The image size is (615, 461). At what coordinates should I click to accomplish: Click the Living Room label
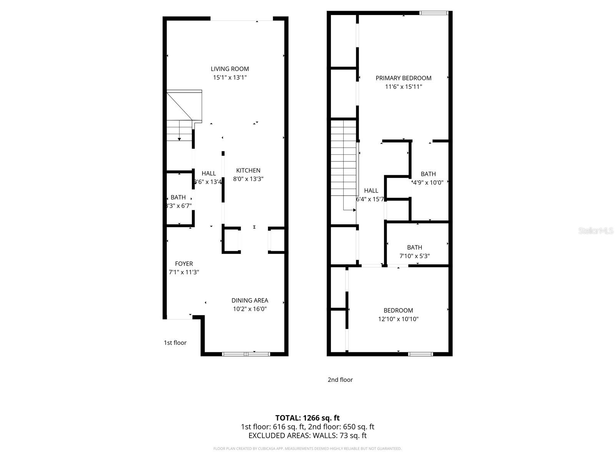coord(229,69)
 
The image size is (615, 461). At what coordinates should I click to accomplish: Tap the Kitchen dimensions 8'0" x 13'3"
coord(248,179)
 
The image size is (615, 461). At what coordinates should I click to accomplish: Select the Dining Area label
coord(249,300)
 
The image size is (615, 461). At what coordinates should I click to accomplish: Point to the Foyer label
coord(184,264)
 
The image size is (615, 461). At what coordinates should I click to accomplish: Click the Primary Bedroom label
coord(403,78)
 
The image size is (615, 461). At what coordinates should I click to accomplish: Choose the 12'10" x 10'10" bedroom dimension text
coord(398,319)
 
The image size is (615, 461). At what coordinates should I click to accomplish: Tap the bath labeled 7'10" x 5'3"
coord(414,248)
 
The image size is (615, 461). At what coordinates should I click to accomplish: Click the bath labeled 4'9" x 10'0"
coord(428,174)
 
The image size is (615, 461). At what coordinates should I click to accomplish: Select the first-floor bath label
coord(178,197)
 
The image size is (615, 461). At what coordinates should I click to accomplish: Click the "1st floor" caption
coord(175,343)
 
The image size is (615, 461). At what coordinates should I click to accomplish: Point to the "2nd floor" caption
coord(340,380)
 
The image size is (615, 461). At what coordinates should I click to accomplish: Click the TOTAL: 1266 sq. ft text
coord(307,418)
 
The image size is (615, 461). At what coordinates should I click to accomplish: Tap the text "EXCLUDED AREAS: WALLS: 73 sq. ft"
coord(307,436)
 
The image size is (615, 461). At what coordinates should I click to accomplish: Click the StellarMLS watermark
coord(595,231)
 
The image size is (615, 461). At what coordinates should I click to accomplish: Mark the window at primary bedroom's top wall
coord(434,13)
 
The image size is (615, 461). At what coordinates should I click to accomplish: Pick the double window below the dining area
coord(246,354)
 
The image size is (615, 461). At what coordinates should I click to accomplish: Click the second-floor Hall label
coord(371,191)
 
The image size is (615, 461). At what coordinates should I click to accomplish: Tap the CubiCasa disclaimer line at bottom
coord(307,449)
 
